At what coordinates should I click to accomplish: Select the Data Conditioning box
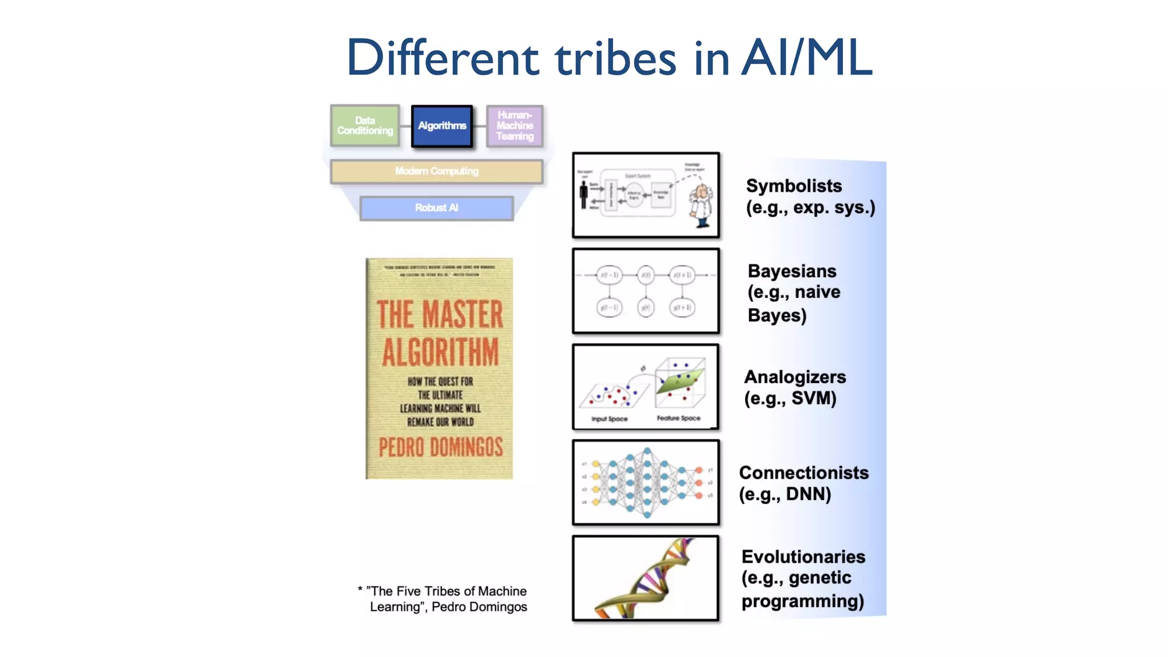click(x=365, y=125)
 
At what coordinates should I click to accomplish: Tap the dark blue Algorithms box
click(x=442, y=126)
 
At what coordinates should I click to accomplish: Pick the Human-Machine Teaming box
click(x=514, y=125)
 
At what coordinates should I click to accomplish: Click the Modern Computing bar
click(x=436, y=171)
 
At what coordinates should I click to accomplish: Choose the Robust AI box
click(x=436, y=208)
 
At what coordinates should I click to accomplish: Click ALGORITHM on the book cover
click(x=440, y=352)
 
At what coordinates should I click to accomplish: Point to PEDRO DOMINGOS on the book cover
click(x=440, y=447)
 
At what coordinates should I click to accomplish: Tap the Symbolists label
click(x=793, y=186)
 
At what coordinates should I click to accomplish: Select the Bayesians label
click(x=792, y=271)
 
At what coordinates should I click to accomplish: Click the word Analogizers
click(x=794, y=377)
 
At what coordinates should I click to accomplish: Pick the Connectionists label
click(x=804, y=473)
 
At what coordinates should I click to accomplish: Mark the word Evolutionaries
click(x=803, y=557)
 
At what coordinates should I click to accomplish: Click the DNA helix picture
click(x=646, y=578)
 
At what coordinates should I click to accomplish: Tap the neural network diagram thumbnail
click(x=646, y=482)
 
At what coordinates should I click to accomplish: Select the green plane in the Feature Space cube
click(x=680, y=381)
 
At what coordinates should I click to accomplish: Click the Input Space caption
click(x=609, y=419)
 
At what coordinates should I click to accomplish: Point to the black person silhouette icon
click(x=583, y=195)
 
